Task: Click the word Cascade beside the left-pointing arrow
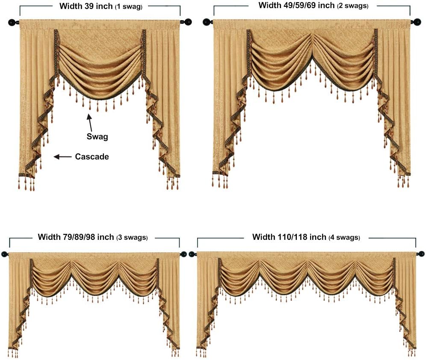[92, 157]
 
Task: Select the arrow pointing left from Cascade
[62, 157]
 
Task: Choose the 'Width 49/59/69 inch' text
[296, 6]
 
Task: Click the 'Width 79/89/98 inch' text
[76, 237]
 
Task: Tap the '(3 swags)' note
[132, 238]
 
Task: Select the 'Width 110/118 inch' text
[289, 237]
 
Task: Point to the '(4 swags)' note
[344, 238]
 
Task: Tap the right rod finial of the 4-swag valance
[421, 254]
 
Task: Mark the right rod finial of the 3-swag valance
[184, 255]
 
